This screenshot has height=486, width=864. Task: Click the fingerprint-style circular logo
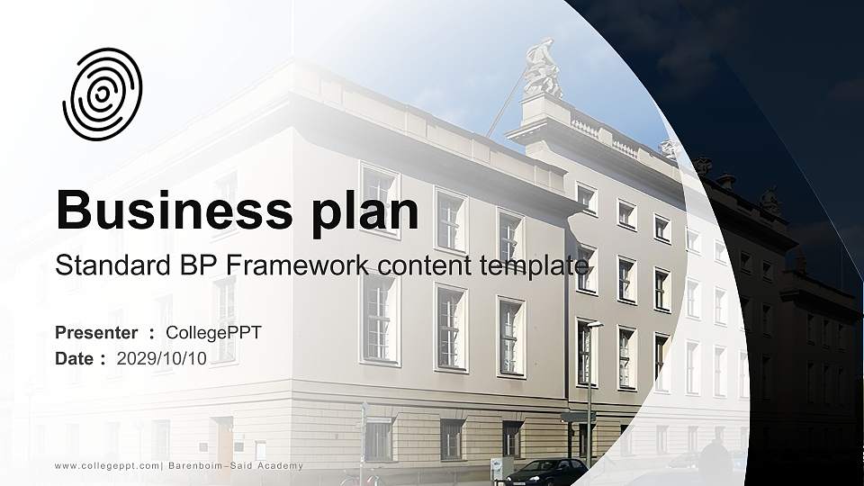(102, 94)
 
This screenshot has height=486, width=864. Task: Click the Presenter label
(96, 333)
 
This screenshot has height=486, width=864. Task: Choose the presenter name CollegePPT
(214, 333)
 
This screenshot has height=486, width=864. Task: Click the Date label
(75, 358)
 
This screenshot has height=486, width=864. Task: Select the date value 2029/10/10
(162, 358)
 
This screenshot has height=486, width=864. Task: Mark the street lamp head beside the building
(594, 324)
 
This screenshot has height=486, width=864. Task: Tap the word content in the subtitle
(431, 266)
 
